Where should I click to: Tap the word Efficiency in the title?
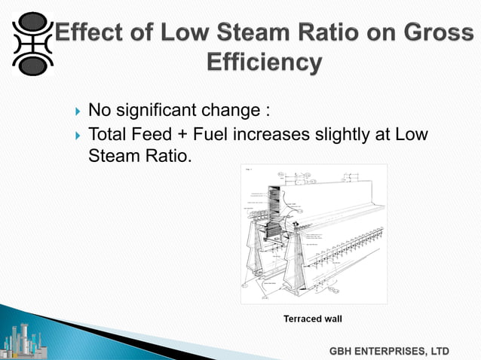[x=264, y=63]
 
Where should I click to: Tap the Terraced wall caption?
[x=312, y=319]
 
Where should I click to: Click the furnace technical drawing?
[x=313, y=233]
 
